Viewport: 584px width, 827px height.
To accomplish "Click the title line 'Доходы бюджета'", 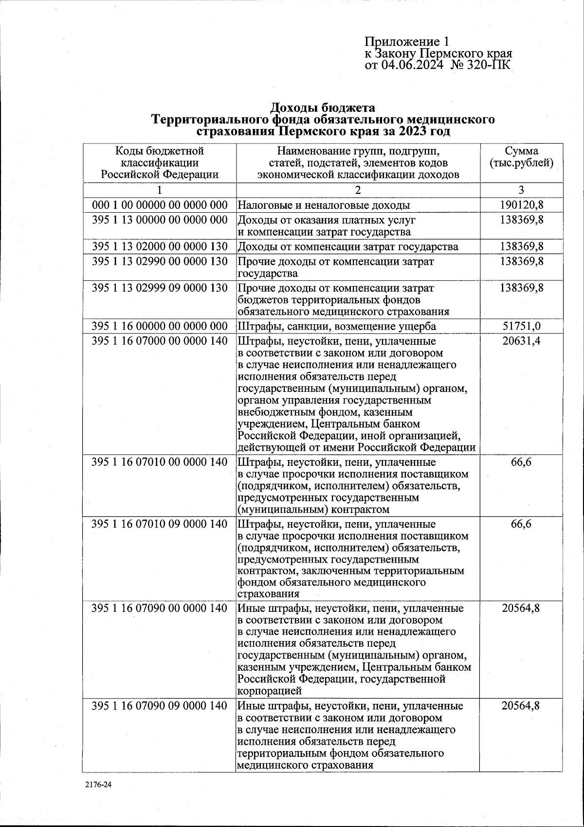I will click(323, 107).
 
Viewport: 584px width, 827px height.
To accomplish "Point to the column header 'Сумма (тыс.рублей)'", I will click(521, 157).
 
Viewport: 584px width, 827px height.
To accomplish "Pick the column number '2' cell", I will click(358, 190).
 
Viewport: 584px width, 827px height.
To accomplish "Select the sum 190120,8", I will click(521, 205).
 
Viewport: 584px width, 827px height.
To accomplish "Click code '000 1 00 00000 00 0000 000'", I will click(160, 205).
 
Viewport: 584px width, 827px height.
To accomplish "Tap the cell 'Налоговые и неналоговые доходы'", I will click(324, 205).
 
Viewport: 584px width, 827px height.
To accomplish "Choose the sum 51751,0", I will click(521, 326).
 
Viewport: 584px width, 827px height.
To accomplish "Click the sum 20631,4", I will click(521, 341).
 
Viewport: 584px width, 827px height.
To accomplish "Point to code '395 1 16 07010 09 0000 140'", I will click(160, 524).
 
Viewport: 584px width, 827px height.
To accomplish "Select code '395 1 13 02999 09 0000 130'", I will click(160, 288).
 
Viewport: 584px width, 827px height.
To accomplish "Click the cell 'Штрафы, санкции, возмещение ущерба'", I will click(337, 326).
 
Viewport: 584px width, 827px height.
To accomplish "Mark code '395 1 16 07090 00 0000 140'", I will click(160, 608).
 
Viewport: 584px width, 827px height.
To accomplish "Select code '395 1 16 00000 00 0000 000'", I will click(160, 326).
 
